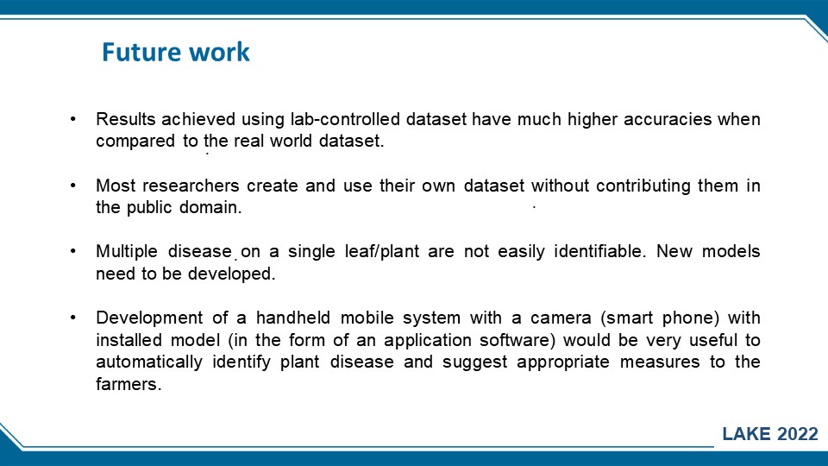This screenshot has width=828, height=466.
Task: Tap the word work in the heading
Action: tap(219, 52)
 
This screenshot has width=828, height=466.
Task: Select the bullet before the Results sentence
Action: tap(72, 119)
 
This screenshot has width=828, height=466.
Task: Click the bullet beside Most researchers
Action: tap(72, 186)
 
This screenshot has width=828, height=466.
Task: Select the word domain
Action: tap(210, 207)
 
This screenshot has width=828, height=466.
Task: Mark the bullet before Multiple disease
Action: tap(72, 251)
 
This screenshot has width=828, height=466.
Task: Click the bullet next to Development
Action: tap(72, 318)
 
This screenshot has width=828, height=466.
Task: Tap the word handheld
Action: tap(293, 318)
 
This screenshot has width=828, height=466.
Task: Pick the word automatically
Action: tap(149, 362)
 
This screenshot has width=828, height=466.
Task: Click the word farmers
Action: tap(129, 384)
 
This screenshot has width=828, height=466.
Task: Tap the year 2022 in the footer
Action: tap(798, 434)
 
